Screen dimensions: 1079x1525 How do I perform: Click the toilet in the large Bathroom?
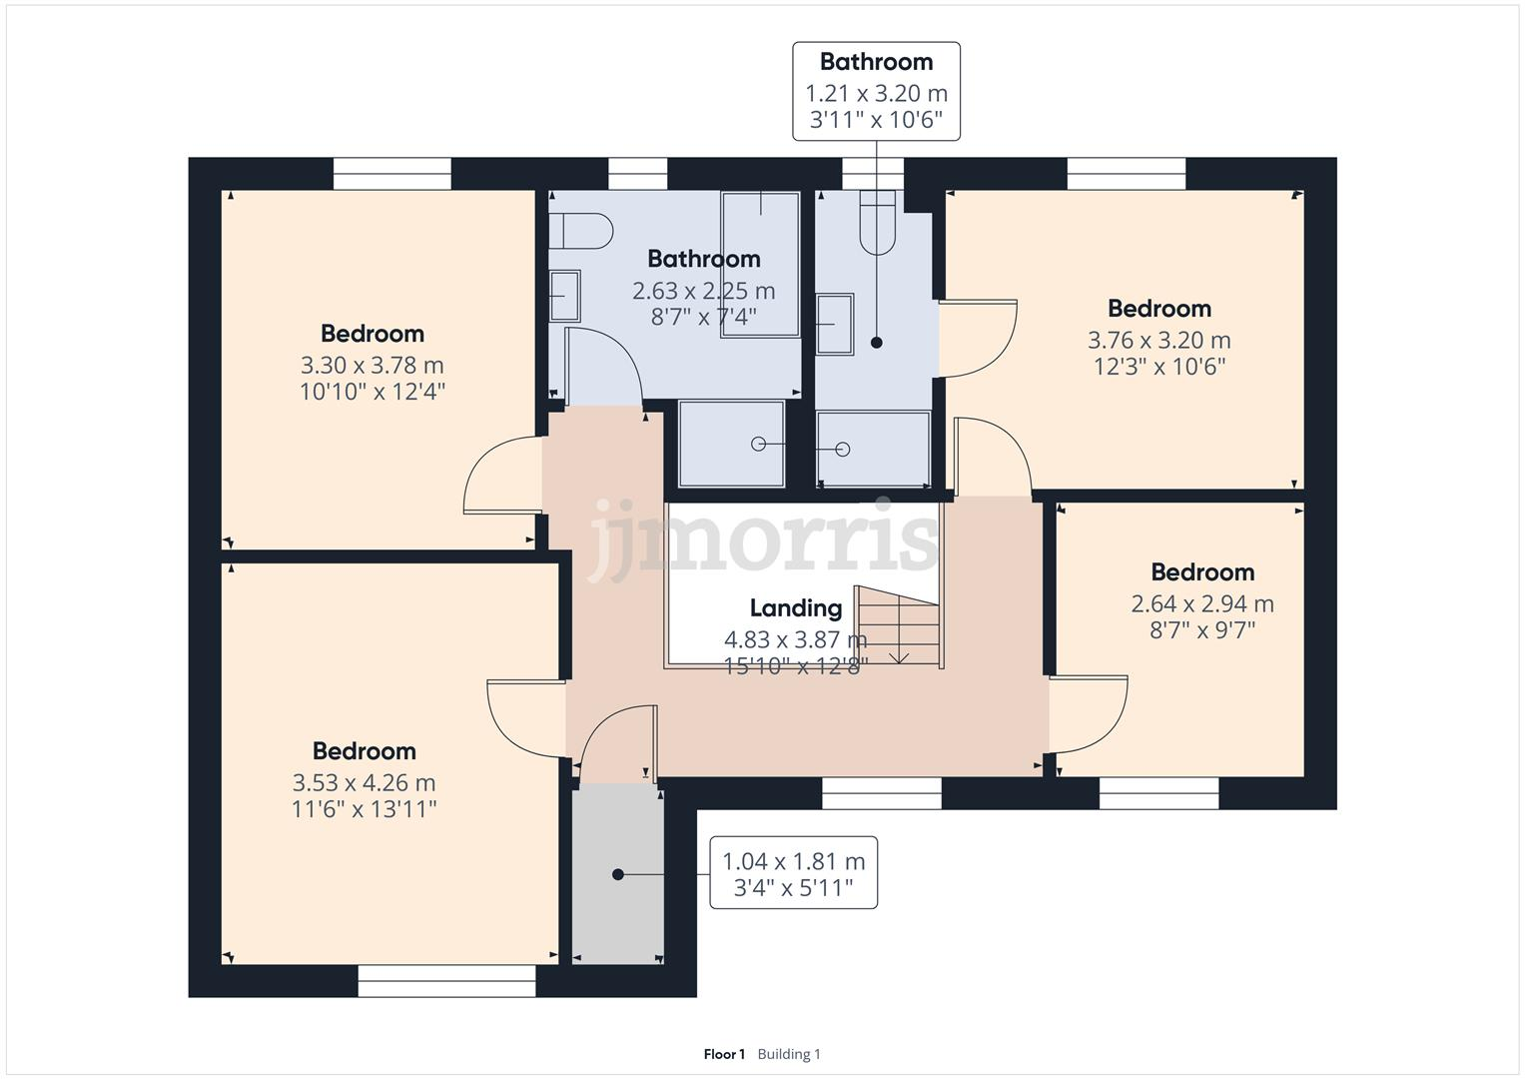pos(580,231)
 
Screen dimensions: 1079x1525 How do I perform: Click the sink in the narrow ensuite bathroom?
pos(834,324)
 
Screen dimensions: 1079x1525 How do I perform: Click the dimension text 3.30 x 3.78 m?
pos(372,365)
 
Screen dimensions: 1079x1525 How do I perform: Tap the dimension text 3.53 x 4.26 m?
pos(364,782)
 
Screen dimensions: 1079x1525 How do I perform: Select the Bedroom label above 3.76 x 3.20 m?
pos(1158,309)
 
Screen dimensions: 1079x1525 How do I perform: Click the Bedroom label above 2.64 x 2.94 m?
pos(1202,572)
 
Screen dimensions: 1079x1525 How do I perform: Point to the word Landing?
pos(795,607)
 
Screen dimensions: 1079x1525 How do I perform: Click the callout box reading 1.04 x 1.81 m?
pos(793,872)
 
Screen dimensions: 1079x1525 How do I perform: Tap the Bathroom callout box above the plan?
pos(876,91)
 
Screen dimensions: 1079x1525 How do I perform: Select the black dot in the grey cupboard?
pos(617,874)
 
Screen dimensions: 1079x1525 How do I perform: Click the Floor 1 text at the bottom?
pos(724,1054)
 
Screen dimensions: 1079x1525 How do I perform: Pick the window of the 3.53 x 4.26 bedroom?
pos(446,981)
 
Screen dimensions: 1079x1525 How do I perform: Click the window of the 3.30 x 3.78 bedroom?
pos(391,174)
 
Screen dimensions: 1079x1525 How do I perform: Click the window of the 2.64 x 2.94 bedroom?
pos(1158,793)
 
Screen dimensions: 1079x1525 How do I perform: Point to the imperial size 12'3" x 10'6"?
pos(1158,367)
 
